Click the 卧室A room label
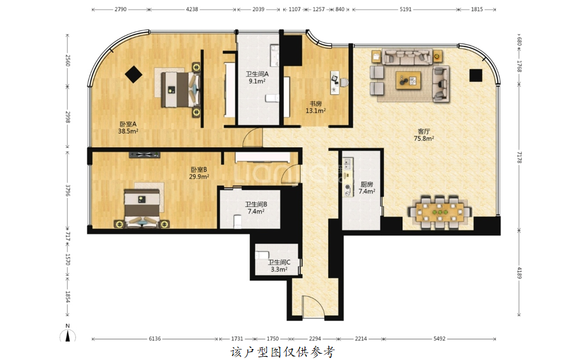point(128,124)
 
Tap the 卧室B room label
point(199,169)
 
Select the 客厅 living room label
point(424,131)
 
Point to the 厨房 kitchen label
point(366,184)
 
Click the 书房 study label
point(316,104)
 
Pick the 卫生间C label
point(279,262)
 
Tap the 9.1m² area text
point(257,81)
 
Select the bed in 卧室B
point(142,208)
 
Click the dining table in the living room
point(440,212)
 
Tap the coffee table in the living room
point(408,80)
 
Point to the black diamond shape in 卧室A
point(134,75)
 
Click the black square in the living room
point(476,75)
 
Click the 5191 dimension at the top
point(405,9)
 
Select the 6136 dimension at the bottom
point(155,339)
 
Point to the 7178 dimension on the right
point(519,158)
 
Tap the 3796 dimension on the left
point(68,190)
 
